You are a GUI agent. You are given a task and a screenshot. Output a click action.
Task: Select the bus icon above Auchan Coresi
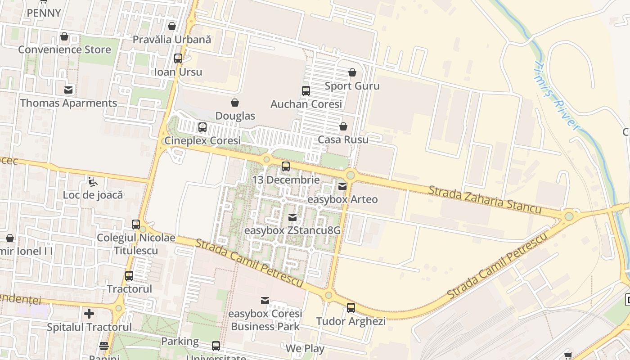[x=306, y=91]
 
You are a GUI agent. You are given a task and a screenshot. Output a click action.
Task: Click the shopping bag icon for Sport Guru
[x=352, y=72]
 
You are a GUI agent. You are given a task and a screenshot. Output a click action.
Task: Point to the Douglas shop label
[x=235, y=116]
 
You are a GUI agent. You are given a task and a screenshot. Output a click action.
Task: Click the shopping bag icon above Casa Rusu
[x=343, y=126]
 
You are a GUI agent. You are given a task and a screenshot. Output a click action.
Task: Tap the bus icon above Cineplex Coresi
[x=202, y=127]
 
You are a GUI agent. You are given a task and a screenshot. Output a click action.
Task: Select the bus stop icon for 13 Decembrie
[x=286, y=166]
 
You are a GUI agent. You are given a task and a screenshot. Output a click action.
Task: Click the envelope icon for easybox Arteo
[x=342, y=186]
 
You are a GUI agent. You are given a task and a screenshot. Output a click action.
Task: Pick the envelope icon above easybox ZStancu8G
[x=292, y=218]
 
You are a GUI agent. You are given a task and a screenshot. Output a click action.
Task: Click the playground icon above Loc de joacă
[x=92, y=182]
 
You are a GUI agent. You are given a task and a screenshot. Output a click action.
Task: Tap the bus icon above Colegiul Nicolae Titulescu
[x=136, y=224]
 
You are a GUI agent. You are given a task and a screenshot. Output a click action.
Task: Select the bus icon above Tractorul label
[x=129, y=276]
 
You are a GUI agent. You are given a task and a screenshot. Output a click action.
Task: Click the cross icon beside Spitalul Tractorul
[x=89, y=313]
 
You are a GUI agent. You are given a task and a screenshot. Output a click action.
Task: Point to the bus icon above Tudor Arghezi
[x=351, y=308]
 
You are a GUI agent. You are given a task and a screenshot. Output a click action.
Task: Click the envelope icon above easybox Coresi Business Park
[x=265, y=300]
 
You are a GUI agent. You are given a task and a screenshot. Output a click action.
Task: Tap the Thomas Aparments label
[x=68, y=103]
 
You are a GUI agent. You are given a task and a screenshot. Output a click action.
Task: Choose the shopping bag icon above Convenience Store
[x=64, y=36]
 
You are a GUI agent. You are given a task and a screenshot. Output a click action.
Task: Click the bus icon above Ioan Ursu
[x=178, y=58]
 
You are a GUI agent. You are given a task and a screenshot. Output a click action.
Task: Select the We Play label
[x=305, y=348]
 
